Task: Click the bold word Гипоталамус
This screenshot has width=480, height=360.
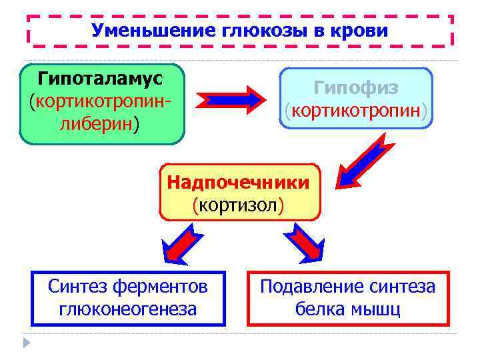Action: point(101,79)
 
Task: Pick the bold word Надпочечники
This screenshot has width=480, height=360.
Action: point(238,182)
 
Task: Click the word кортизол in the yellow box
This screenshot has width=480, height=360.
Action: point(238,204)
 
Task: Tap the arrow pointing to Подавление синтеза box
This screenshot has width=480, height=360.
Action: point(305,243)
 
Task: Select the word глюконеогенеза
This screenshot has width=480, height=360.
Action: point(128,309)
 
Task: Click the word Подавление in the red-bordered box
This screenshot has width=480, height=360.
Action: point(310,287)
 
